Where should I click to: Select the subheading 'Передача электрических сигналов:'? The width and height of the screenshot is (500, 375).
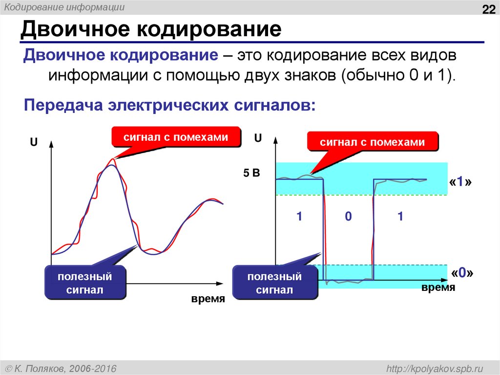(x=170, y=105)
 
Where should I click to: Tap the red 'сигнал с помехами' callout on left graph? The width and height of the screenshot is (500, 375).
(x=176, y=137)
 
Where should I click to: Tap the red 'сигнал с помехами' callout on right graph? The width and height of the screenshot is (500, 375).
(x=373, y=142)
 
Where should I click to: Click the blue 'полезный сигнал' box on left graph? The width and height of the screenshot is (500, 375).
(x=85, y=283)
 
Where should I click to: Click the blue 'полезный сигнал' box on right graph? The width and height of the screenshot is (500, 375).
(x=274, y=283)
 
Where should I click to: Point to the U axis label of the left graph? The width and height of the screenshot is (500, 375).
(x=34, y=142)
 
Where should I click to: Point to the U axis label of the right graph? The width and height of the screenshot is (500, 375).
(x=258, y=139)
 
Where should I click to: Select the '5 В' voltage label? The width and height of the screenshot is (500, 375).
(x=252, y=173)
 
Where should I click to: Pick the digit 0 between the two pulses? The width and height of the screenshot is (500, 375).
(x=348, y=217)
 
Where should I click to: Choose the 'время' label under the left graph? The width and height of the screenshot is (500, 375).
(x=208, y=299)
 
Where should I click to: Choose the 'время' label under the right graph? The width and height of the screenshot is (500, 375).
(x=438, y=288)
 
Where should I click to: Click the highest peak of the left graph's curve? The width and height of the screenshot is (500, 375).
(x=113, y=165)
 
